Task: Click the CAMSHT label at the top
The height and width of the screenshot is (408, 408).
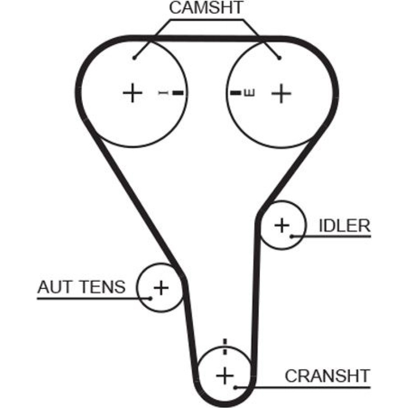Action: (206, 8)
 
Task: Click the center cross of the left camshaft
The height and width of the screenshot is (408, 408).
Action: (132, 93)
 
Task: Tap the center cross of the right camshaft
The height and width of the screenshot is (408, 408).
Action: (281, 93)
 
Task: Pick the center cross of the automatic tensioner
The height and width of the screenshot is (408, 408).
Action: (161, 288)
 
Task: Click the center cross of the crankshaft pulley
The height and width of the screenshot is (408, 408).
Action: (224, 375)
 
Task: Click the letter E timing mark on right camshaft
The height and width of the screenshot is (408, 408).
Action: (249, 93)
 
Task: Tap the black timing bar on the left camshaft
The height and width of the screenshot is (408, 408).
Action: (177, 93)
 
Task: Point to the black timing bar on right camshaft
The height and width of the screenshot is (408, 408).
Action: (235, 93)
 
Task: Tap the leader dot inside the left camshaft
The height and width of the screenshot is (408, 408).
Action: (133, 58)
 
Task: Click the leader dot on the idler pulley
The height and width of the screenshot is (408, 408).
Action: (292, 236)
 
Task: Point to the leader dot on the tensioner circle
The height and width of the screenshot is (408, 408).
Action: (150, 298)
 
